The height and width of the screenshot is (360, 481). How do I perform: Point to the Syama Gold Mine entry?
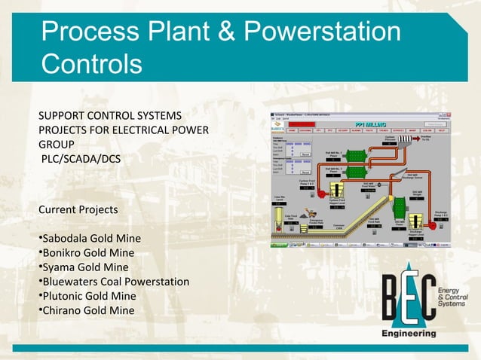85,267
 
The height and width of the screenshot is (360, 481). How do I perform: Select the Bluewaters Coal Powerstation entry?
115,282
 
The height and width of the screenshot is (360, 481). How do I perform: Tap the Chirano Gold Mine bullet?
87,310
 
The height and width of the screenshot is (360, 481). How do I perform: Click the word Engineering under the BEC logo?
409,332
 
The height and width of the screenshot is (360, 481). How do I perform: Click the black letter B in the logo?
391,300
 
